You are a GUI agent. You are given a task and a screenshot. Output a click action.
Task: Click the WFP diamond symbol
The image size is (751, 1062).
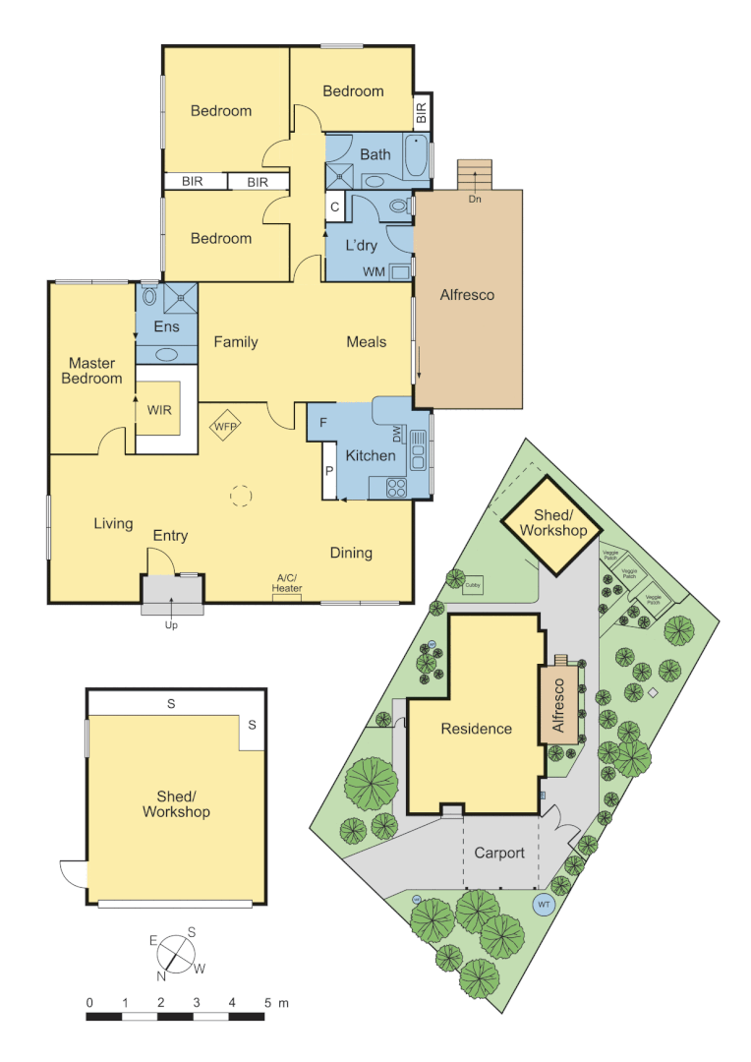[227, 426]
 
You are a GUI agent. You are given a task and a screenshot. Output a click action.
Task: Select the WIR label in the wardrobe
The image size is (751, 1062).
[158, 408]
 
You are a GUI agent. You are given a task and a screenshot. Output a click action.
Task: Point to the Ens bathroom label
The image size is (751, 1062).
[166, 327]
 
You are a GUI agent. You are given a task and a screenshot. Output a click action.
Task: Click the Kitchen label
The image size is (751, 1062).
[371, 455]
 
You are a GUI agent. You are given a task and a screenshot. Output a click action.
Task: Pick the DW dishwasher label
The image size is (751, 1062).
[397, 434]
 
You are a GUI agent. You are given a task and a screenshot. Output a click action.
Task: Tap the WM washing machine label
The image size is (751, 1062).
[374, 270]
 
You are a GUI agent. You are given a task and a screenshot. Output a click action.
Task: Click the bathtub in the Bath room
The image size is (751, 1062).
[416, 158]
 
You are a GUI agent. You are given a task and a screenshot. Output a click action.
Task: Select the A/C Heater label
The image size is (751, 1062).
[287, 583]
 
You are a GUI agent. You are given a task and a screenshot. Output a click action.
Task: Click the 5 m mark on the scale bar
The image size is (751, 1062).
[267, 1003]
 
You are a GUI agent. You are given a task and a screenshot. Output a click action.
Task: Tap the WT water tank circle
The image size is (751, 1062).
[543, 904]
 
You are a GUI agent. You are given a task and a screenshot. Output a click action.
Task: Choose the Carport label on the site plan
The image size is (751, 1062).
[499, 853]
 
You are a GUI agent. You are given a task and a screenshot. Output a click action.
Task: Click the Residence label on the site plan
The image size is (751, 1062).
[476, 729]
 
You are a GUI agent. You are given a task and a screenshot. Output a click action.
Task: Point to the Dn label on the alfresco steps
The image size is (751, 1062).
[475, 200]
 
